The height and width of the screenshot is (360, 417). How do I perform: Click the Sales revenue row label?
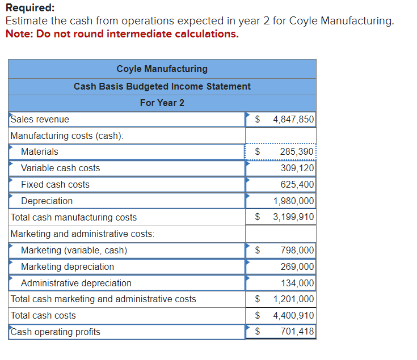point(40,120)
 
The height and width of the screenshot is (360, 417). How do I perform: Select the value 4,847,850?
point(293,120)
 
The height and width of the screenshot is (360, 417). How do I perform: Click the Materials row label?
point(39,152)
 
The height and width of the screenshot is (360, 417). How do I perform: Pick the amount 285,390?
point(296,152)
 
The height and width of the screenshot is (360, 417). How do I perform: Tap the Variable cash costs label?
point(60,168)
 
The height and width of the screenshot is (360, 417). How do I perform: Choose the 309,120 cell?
point(297,168)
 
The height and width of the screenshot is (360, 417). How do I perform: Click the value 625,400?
point(297,185)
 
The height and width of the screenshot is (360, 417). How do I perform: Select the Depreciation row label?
point(47,201)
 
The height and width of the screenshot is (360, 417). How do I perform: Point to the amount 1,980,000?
point(293,201)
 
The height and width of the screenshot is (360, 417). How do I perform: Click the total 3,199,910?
point(293,217)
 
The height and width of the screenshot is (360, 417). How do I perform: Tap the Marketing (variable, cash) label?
point(74,251)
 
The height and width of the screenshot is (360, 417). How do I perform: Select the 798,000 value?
point(297,251)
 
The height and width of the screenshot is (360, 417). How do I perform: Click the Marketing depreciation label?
point(67,267)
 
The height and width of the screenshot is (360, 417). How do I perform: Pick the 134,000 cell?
point(297,283)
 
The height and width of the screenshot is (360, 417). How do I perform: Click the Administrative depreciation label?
point(76,283)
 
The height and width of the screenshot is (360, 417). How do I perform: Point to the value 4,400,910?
point(293,316)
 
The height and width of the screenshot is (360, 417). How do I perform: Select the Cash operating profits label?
point(55,332)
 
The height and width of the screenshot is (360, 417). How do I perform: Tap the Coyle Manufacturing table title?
point(162,69)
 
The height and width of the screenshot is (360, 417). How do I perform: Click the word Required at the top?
point(30,8)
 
